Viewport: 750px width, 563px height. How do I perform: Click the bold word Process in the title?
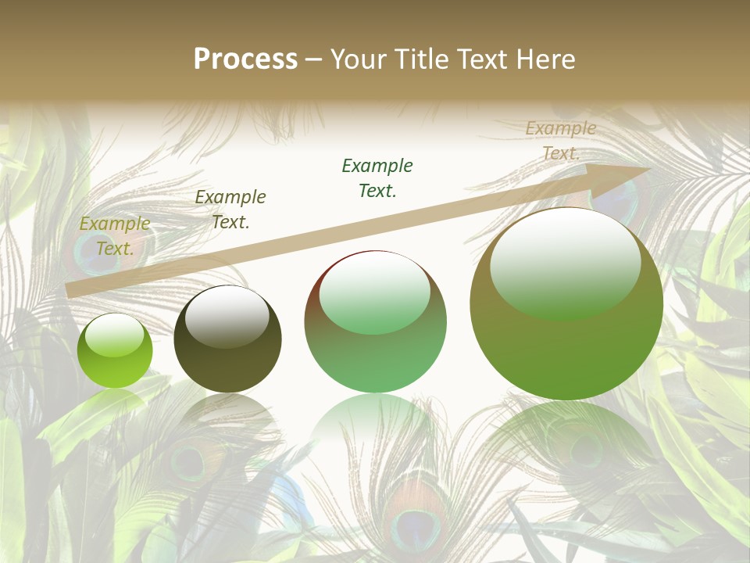(x=245, y=59)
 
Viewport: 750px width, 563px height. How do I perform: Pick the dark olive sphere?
(x=227, y=339)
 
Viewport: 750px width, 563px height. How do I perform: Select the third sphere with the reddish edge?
(x=375, y=321)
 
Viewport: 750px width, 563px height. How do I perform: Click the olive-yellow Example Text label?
(x=115, y=236)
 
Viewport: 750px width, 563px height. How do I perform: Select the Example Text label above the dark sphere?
(x=230, y=210)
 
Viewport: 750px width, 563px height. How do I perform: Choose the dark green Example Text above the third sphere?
(x=377, y=178)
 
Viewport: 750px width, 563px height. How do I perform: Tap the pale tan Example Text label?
(x=561, y=141)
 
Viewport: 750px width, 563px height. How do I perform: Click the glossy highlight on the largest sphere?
(x=565, y=263)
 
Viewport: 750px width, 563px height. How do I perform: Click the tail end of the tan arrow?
(x=69, y=291)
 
